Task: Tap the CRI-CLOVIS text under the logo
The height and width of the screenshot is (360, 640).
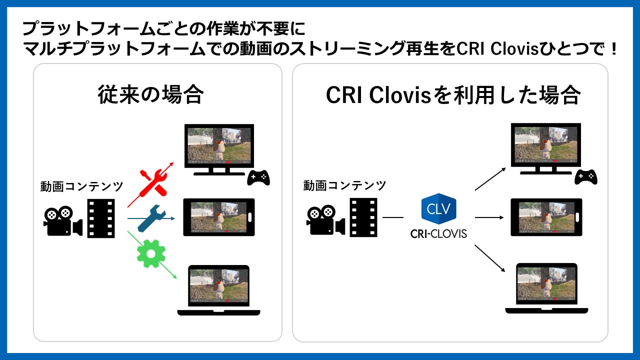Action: tap(438, 233)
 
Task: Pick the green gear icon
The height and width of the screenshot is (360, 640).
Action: tap(150, 253)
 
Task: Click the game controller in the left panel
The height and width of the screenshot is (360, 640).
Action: tap(258, 177)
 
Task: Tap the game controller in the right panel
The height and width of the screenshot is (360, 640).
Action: tap(586, 176)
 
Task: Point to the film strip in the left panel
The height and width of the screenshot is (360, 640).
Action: tap(101, 218)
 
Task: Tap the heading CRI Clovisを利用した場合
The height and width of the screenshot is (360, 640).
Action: tap(452, 94)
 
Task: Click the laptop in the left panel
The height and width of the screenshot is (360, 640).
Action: tap(218, 290)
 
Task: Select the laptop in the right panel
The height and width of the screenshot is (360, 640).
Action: tap(546, 288)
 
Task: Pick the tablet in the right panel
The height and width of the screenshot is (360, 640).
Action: tap(546, 217)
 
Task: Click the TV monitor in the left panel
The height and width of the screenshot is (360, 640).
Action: tap(219, 149)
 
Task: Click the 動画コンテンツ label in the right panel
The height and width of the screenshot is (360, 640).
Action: tap(344, 186)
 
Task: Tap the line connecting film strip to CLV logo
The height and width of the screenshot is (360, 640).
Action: tap(393, 217)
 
